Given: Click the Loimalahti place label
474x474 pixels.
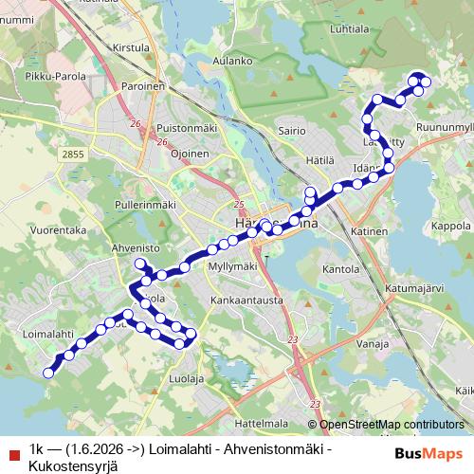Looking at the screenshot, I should [x=46, y=334].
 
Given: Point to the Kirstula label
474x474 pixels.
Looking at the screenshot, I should [x=130, y=46].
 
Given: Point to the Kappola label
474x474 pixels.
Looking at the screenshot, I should [x=450, y=227].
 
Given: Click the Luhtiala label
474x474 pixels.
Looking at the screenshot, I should [x=350, y=29].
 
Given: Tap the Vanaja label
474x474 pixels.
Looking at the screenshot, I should [x=371, y=344].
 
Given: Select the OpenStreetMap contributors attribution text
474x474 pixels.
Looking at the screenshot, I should [x=391, y=425].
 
